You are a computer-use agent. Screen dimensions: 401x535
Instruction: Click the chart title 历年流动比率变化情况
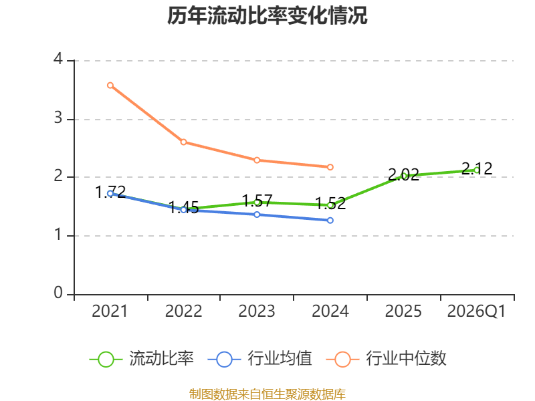267,16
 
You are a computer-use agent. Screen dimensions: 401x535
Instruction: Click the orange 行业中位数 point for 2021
110,85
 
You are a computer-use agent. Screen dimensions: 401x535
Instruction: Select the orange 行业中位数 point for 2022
183,142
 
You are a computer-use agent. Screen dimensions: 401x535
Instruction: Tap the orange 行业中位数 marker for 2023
257,160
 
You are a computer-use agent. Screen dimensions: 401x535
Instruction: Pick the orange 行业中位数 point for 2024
330,167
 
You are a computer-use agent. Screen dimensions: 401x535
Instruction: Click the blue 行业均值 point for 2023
257,215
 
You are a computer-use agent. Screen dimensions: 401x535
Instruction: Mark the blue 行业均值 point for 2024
330,220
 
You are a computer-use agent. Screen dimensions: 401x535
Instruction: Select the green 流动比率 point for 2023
257,202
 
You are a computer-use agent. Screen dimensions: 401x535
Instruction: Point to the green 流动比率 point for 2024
330,205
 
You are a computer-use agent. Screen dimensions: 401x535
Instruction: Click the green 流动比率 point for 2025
404,176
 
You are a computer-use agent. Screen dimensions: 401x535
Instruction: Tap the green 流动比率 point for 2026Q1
477,170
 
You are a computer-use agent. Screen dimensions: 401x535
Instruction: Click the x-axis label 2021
110,311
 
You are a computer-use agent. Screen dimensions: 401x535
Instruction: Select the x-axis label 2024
330,311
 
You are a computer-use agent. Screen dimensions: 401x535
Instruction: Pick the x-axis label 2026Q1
477,311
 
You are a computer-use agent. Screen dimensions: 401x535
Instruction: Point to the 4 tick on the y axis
58,60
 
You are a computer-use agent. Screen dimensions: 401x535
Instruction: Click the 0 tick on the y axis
58,293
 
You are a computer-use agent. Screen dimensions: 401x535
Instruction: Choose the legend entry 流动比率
143,359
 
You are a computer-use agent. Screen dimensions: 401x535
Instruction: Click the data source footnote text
267,394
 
